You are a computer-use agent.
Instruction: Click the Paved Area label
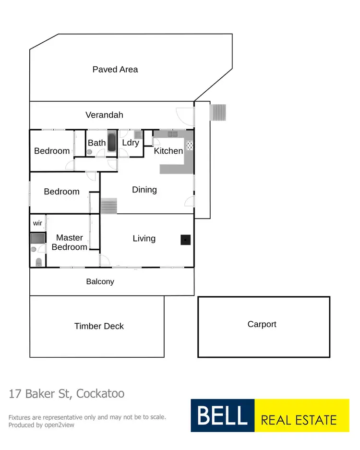(115, 70)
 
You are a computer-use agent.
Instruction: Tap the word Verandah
(104, 115)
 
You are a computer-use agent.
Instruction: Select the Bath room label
(96, 143)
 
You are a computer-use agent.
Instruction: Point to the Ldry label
(131, 143)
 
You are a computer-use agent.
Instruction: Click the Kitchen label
(168, 151)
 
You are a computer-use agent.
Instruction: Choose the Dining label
(144, 190)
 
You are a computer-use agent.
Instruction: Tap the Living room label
(144, 238)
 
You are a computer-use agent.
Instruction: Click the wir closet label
(37, 223)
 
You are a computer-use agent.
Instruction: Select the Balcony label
(100, 281)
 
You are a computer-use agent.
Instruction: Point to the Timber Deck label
(99, 326)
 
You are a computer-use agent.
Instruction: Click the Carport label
(262, 324)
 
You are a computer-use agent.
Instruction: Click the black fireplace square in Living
(185, 240)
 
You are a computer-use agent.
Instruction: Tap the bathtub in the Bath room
(111, 143)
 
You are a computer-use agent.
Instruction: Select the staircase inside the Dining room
(109, 207)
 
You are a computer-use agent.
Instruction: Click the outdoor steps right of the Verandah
(218, 112)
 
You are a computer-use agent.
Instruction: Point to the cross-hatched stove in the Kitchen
(189, 145)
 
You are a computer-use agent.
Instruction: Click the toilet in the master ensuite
(38, 262)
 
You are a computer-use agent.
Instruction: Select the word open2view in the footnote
(58, 425)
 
